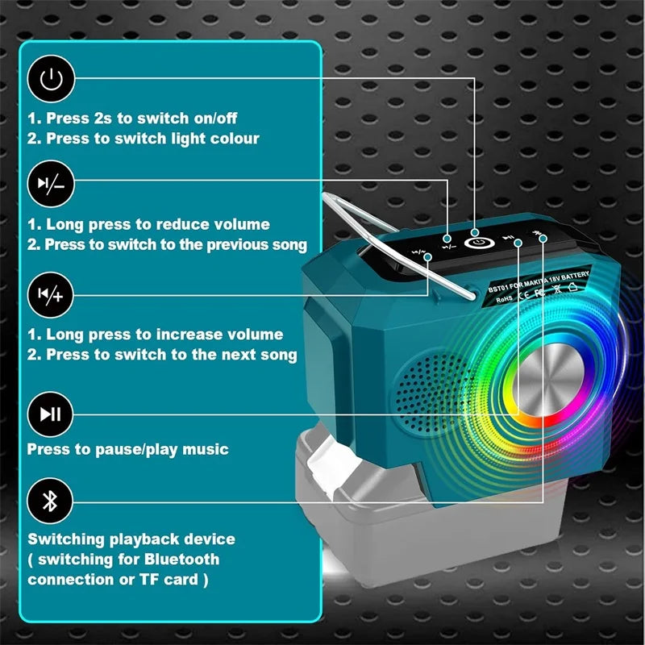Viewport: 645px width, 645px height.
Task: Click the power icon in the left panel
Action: click(x=51, y=79)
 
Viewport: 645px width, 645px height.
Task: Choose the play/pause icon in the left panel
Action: click(x=51, y=414)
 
